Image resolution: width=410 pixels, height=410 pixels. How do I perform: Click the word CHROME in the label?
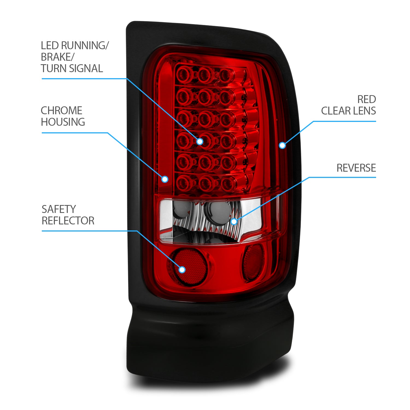(x=61, y=111)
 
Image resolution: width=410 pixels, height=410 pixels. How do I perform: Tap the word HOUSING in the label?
(x=63, y=122)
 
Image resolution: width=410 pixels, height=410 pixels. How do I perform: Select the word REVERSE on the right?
(x=356, y=168)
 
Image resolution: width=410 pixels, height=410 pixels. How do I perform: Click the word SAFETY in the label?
(x=58, y=209)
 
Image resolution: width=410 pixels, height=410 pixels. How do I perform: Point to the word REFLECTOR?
(x=68, y=221)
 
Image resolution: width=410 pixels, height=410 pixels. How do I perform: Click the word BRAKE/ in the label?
(x=57, y=57)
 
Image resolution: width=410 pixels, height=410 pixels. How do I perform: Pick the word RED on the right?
(x=367, y=99)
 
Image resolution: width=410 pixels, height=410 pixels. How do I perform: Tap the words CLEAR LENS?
(x=348, y=111)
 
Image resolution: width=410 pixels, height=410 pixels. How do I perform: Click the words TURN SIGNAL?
(x=72, y=69)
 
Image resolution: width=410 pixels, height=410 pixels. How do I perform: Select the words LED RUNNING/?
(x=75, y=46)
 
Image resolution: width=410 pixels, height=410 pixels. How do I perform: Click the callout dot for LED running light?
(x=200, y=141)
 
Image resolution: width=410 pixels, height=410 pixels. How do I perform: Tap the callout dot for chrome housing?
(x=165, y=179)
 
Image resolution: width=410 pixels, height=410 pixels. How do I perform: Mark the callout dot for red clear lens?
(x=282, y=145)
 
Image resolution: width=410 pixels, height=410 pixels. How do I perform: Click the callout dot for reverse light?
(x=234, y=221)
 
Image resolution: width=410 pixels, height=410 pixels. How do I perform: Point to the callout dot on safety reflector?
(x=182, y=270)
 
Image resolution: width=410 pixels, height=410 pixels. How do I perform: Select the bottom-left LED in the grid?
(x=184, y=182)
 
